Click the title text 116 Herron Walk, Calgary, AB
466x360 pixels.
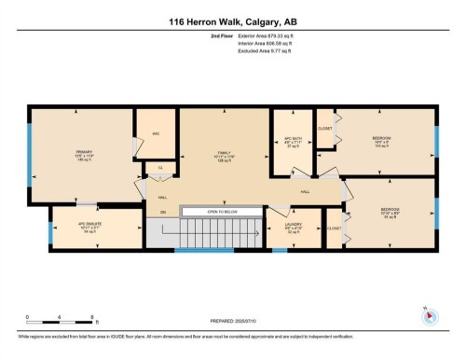click(x=233, y=21)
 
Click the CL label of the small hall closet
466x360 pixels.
click(x=160, y=168)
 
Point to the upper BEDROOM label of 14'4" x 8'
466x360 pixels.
click(x=381, y=139)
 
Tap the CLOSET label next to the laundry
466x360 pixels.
click(x=333, y=228)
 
